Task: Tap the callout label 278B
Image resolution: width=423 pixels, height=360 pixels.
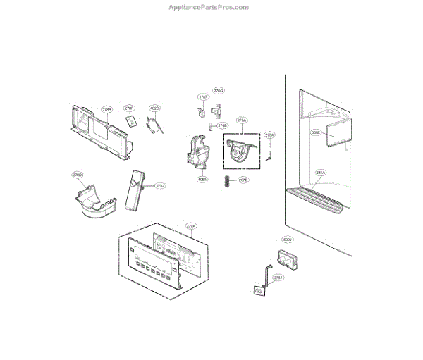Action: tap(107, 110)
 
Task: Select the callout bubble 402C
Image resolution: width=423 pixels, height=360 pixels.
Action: tap(154, 108)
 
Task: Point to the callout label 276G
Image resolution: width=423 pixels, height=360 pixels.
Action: tap(219, 91)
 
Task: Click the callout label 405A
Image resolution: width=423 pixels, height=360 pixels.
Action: tap(202, 180)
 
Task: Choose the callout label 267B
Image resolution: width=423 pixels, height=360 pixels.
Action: tap(243, 180)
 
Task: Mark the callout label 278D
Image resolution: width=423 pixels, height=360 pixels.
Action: tap(78, 174)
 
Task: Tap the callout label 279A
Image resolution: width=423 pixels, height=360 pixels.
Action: tap(191, 225)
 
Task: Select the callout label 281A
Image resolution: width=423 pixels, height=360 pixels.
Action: tap(321, 173)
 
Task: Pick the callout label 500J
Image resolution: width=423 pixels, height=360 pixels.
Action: tap(287, 240)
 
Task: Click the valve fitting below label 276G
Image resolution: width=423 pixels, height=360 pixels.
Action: tap(216, 108)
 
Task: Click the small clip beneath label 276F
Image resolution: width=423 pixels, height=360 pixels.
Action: tap(200, 111)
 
